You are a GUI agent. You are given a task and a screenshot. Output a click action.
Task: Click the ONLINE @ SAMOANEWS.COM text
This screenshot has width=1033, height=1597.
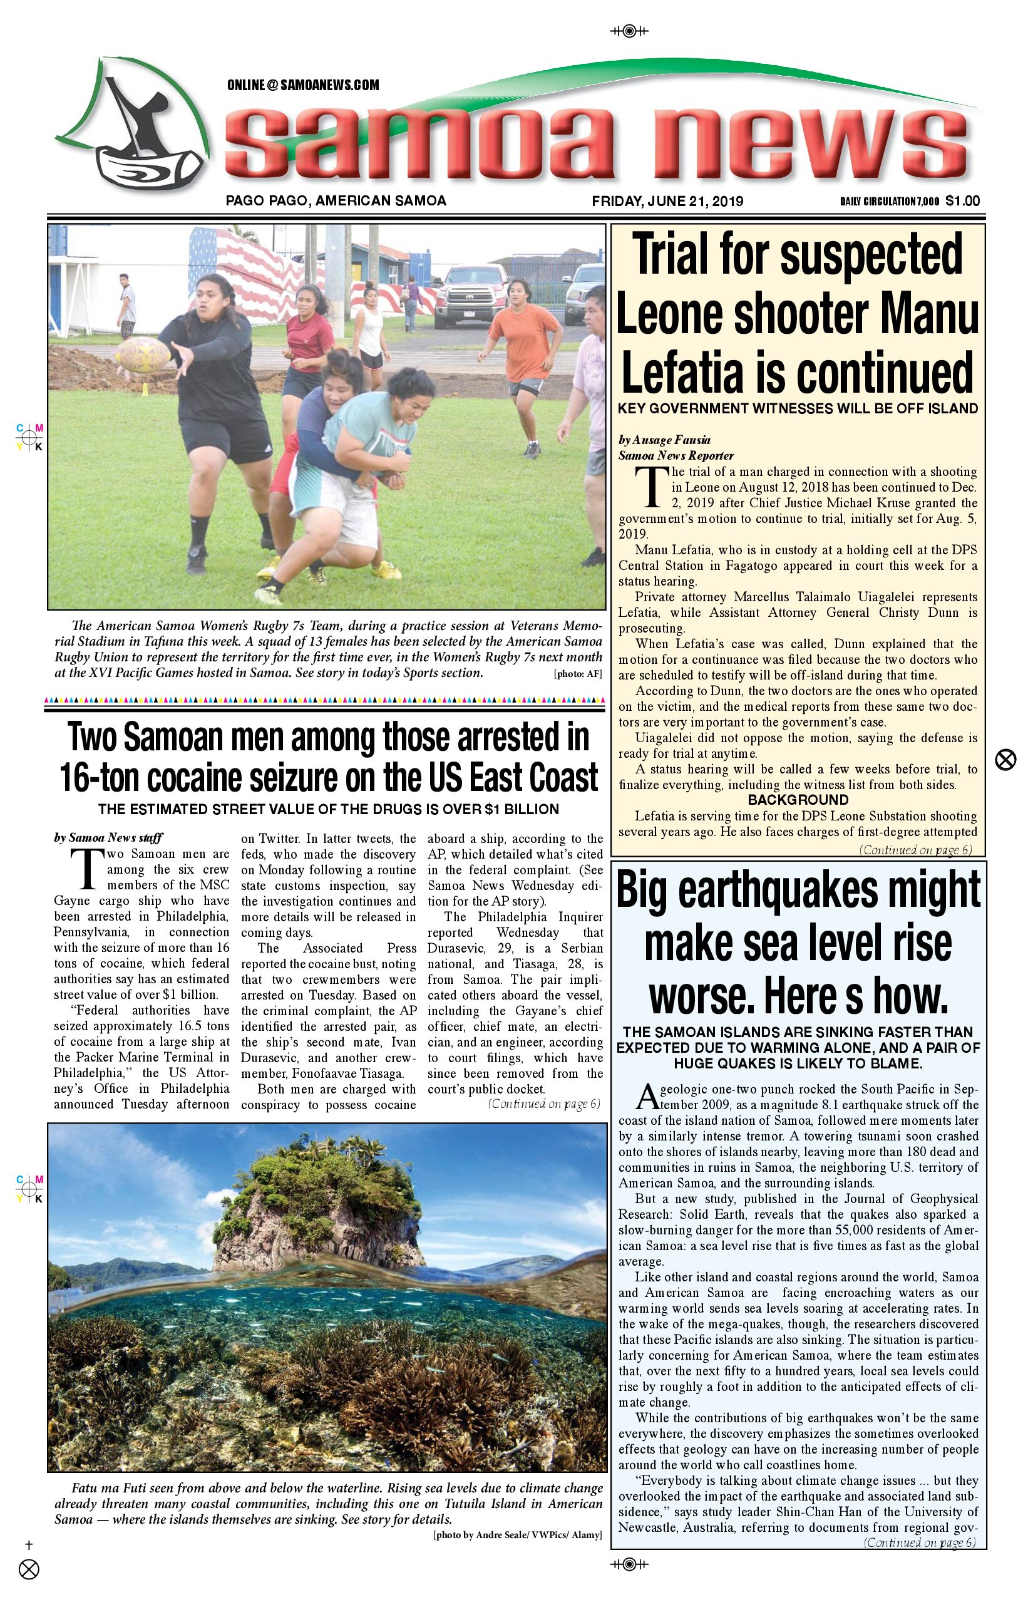(303, 85)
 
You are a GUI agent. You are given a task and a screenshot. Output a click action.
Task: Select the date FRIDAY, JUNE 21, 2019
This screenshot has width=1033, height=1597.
(667, 201)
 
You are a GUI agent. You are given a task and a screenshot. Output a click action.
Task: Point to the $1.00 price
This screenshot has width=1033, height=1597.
(963, 200)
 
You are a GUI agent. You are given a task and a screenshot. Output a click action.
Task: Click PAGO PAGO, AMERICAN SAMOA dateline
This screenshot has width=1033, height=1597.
(336, 200)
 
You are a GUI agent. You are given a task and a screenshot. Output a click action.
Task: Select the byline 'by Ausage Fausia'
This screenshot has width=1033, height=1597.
(664, 440)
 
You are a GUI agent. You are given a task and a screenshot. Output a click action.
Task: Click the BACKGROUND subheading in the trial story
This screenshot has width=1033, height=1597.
(798, 800)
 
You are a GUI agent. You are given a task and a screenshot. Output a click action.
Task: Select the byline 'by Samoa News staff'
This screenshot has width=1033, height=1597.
(108, 837)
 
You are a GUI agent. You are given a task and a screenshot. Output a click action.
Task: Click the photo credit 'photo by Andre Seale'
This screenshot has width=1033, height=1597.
(517, 1534)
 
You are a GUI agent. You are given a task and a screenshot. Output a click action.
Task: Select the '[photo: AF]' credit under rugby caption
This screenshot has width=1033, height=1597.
(577, 674)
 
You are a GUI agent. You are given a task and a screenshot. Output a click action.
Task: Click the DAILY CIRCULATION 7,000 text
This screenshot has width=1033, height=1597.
(889, 201)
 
